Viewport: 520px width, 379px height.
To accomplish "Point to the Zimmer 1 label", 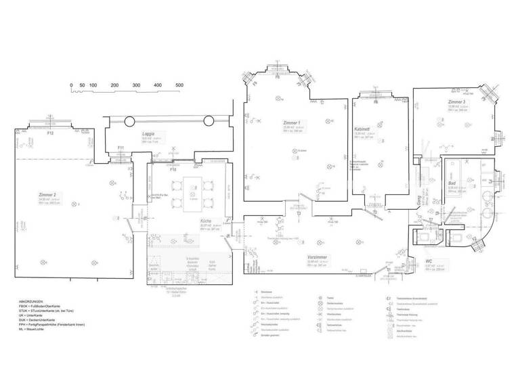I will pyautogui.click(x=292, y=122).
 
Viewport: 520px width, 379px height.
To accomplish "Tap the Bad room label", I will pyautogui.click(x=452, y=183).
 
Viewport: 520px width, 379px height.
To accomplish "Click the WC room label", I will pyautogui.click(x=429, y=261).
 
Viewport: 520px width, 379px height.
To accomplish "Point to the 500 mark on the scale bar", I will pyautogui.click(x=179, y=85).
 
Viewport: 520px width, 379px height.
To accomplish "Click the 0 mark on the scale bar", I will pyautogui.click(x=71, y=85).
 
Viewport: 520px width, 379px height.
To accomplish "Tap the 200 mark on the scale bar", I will pyautogui.click(x=114, y=85).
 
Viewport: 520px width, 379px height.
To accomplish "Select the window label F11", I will pyautogui.click(x=120, y=148).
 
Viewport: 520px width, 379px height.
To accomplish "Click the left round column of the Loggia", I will pyautogui.click(x=129, y=121).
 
